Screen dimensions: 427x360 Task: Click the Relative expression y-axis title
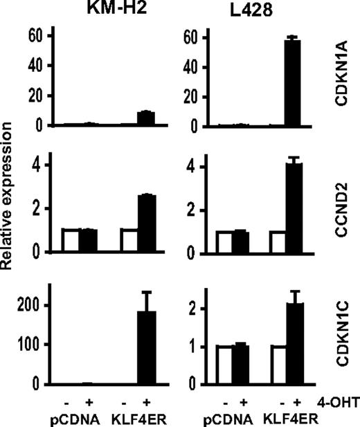coord(10,208)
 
